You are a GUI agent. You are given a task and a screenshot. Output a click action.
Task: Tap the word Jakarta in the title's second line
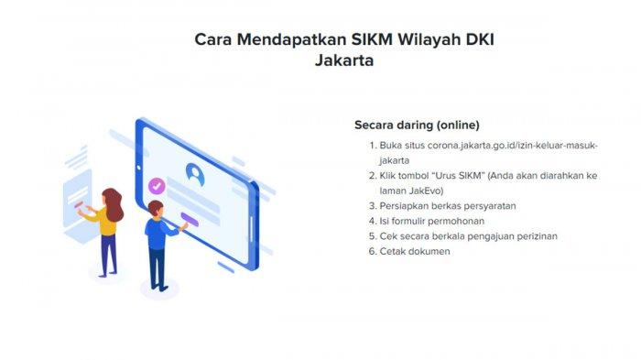click(x=344, y=60)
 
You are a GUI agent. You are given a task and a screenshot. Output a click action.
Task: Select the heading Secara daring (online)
click(x=417, y=125)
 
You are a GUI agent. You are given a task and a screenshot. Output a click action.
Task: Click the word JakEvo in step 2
click(x=426, y=191)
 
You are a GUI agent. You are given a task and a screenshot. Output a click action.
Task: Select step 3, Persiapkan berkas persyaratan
click(x=448, y=206)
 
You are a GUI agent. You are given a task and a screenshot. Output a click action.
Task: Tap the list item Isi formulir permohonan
click(x=431, y=222)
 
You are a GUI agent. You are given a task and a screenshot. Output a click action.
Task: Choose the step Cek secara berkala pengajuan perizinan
click(x=469, y=236)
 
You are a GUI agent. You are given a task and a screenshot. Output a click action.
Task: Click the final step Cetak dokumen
click(x=415, y=251)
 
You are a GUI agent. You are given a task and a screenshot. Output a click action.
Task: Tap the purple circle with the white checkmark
click(x=157, y=186)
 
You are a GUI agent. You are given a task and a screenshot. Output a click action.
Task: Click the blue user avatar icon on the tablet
click(x=195, y=174)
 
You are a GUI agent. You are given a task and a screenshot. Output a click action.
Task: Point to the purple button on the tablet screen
click(x=190, y=220)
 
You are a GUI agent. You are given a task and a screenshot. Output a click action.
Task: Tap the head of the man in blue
click(x=156, y=209)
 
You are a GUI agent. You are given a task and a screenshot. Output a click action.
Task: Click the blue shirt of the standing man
click(x=158, y=234)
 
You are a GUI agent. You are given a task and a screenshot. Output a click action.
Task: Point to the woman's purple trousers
click(x=108, y=255)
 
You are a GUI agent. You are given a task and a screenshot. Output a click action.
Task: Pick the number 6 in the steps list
click(x=372, y=251)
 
